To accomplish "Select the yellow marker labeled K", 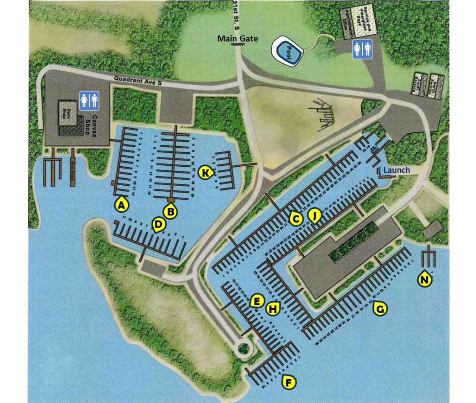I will click(x=206, y=173).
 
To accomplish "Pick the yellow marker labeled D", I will click(x=159, y=224).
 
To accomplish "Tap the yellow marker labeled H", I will click(x=273, y=309).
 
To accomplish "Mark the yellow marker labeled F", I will click(x=289, y=382).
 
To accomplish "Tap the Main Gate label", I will click(x=238, y=39).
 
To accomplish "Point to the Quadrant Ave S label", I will click(x=138, y=80).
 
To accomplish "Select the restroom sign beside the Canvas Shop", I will click(x=90, y=100).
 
